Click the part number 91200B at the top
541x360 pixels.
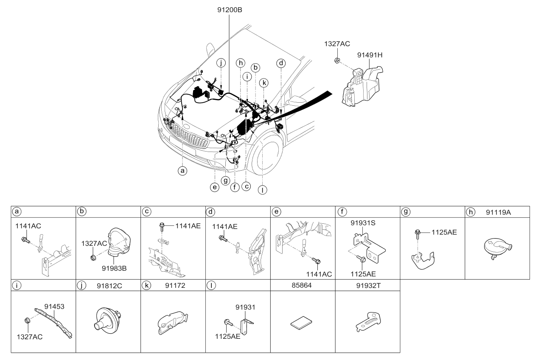tap(230, 10)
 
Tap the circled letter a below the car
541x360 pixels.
tap(182, 171)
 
